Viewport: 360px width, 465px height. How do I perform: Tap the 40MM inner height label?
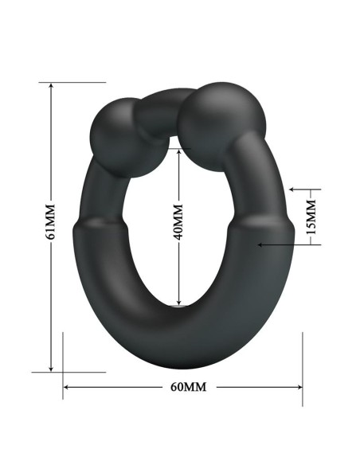pos(179,222)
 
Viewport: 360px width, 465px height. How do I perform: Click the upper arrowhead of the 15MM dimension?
pos(293,190)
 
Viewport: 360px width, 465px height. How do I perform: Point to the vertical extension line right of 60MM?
pos(303,366)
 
